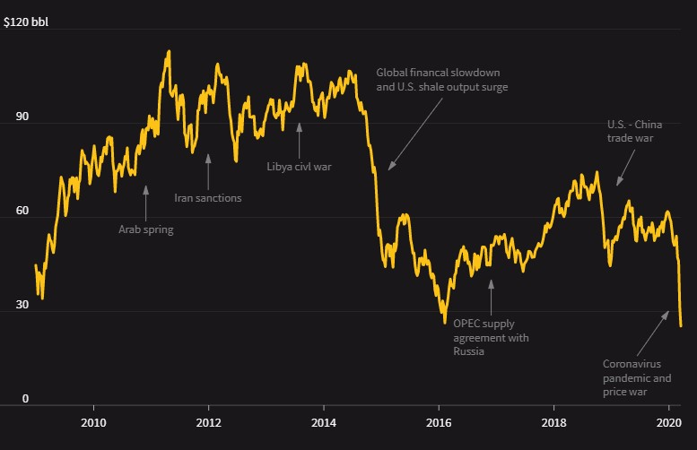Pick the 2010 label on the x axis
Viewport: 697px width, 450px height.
pyautogui.click(x=93, y=423)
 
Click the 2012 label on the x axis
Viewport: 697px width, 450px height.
pyautogui.click(x=208, y=423)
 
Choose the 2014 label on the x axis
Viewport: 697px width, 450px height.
pyautogui.click(x=324, y=423)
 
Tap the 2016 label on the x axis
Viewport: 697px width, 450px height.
pyautogui.click(x=439, y=423)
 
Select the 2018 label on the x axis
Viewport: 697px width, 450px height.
pyautogui.click(x=554, y=423)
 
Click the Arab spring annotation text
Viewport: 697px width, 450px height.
pyautogui.click(x=146, y=229)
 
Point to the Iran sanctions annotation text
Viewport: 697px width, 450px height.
pyautogui.click(x=207, y=197)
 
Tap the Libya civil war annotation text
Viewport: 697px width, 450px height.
pyautogui.click(x=300, y=166)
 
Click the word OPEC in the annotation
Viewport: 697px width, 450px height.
pyautogui.click(x=466, y=324)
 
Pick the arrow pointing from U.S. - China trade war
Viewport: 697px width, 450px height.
pyautogui.click(x=625, y=167)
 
